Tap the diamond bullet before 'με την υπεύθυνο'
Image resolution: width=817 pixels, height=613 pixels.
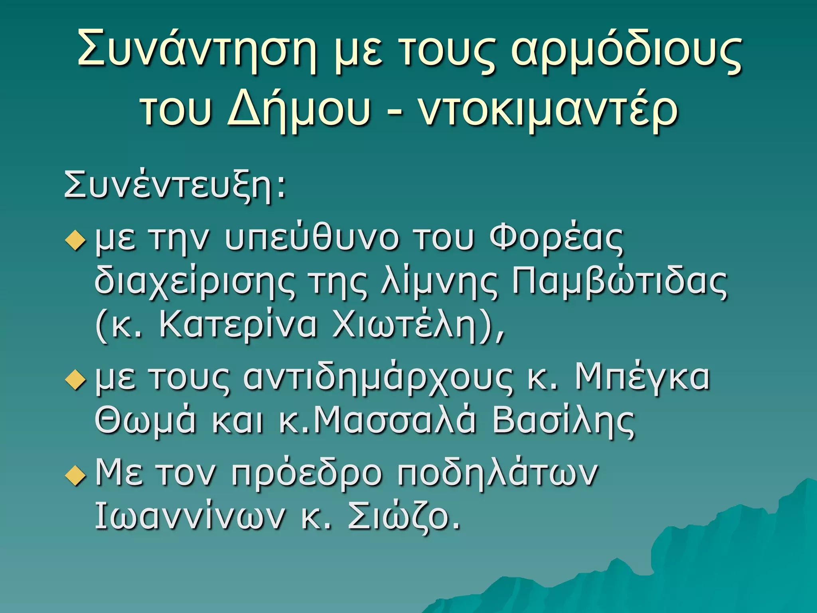[x=75, y=241]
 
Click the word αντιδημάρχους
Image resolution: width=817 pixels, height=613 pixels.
[x=377, y=378]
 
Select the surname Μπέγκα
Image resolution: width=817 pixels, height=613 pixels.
[x=642, y=377]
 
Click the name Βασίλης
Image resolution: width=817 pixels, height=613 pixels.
[x=563, y=421]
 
